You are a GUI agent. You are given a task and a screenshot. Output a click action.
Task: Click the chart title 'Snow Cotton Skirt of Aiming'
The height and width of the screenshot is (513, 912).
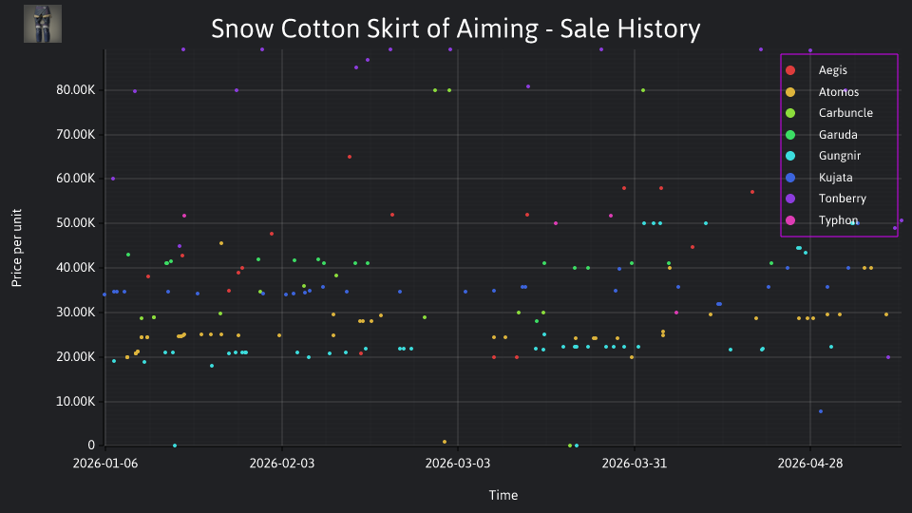(x=374, y=29)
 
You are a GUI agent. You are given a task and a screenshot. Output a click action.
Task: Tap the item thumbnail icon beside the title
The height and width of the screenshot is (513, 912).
(x=43, y=24)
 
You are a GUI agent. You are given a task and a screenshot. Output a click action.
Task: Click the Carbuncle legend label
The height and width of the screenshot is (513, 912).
(x=845, y=113)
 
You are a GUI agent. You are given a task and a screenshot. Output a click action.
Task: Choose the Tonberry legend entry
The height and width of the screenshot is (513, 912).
(x=826, y=199)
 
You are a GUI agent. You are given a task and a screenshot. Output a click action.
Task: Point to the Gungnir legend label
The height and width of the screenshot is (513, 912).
(x=839, y=156)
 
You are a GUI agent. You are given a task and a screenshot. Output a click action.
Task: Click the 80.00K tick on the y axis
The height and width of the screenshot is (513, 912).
(x=76, y=90)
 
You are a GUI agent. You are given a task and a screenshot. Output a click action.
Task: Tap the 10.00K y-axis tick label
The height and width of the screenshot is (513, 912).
(x=76, y=401)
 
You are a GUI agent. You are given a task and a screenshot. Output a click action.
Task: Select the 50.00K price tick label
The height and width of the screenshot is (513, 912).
(x=76, y=222)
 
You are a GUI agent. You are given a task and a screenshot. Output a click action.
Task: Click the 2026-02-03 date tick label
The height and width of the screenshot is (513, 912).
(x=282, y=464)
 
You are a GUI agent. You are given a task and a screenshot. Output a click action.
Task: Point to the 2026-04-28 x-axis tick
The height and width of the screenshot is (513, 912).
(x=810, y=464)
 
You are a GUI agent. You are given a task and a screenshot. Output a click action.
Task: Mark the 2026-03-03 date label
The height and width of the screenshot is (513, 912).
(x=458, y=464)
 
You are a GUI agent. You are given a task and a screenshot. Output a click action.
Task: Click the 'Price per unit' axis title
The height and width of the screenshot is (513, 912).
(x=17, y=248)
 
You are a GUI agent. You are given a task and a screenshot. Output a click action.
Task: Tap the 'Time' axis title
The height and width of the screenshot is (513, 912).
(x=503, y=496)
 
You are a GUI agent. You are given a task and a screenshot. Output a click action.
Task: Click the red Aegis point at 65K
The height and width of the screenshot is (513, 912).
(x=350, y=157)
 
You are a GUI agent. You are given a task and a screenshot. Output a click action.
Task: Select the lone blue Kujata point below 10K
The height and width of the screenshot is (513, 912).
(x=821, y=411)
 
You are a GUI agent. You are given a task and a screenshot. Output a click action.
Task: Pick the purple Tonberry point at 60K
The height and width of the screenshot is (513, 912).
(x=113, y=180)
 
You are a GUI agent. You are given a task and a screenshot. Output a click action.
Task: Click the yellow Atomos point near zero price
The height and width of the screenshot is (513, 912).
(x=445, y=442)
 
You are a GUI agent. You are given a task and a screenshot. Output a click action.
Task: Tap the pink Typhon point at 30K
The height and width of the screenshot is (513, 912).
(x=676, y=313)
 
